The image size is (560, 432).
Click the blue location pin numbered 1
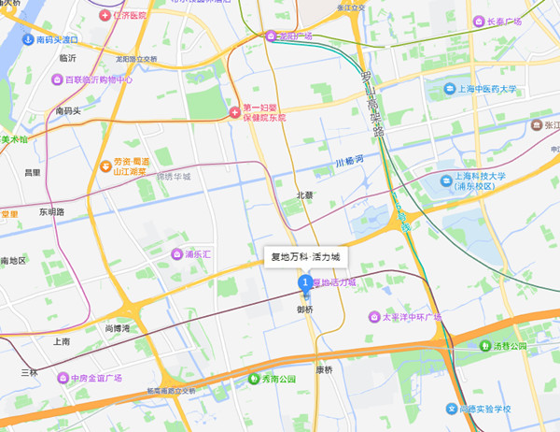(x=304, y=282)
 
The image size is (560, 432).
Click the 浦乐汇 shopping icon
(x=175, y=253)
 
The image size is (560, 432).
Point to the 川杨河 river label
(x=347, y=166)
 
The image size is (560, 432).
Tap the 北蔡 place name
(x=304, y=195)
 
